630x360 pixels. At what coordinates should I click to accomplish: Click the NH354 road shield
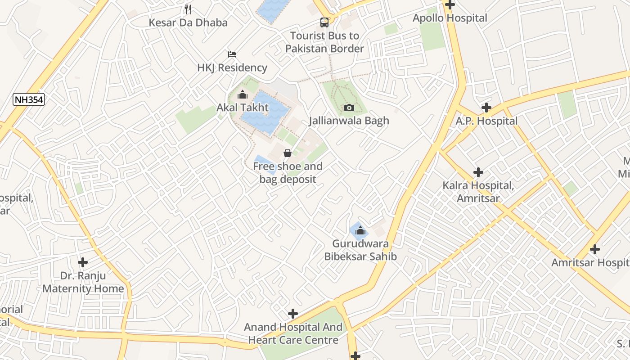[x=29, y=100]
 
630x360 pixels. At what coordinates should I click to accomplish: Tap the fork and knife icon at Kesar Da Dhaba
[x=188, y=9]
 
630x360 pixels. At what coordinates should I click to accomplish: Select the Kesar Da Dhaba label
[x=188, y=22]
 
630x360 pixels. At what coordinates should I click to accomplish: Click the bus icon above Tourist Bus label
[x=324, y=22]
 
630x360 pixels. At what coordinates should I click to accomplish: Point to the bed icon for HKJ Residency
[x=232, y=54]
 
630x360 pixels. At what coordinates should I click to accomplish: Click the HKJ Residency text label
[x=232, y=68]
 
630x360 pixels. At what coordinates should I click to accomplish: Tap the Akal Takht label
[x=243, y=108]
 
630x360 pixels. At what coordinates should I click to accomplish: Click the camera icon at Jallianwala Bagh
[x=349, y=108]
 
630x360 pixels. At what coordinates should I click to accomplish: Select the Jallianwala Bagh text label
[x=349, y=121]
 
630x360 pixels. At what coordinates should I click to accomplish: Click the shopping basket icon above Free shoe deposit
[x=288, y=153]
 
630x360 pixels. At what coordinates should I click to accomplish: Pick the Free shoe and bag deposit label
[x=288, y=173]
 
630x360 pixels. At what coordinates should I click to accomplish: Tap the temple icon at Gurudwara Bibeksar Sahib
[x=360, y=231]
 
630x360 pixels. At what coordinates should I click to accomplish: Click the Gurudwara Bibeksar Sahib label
[x=360, y=250]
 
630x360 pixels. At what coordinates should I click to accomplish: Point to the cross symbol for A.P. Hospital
[x=486, y=108]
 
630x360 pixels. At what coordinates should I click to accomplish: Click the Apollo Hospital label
[x=450, y=18]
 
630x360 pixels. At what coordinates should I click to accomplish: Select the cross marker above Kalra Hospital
[x=478, y=172]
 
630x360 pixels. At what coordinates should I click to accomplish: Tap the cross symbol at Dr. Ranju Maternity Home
[x=83, y=262]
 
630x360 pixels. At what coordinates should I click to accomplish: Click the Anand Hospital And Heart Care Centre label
[x=293, y=333]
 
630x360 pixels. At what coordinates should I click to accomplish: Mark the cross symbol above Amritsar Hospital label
[x=595, y=249]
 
